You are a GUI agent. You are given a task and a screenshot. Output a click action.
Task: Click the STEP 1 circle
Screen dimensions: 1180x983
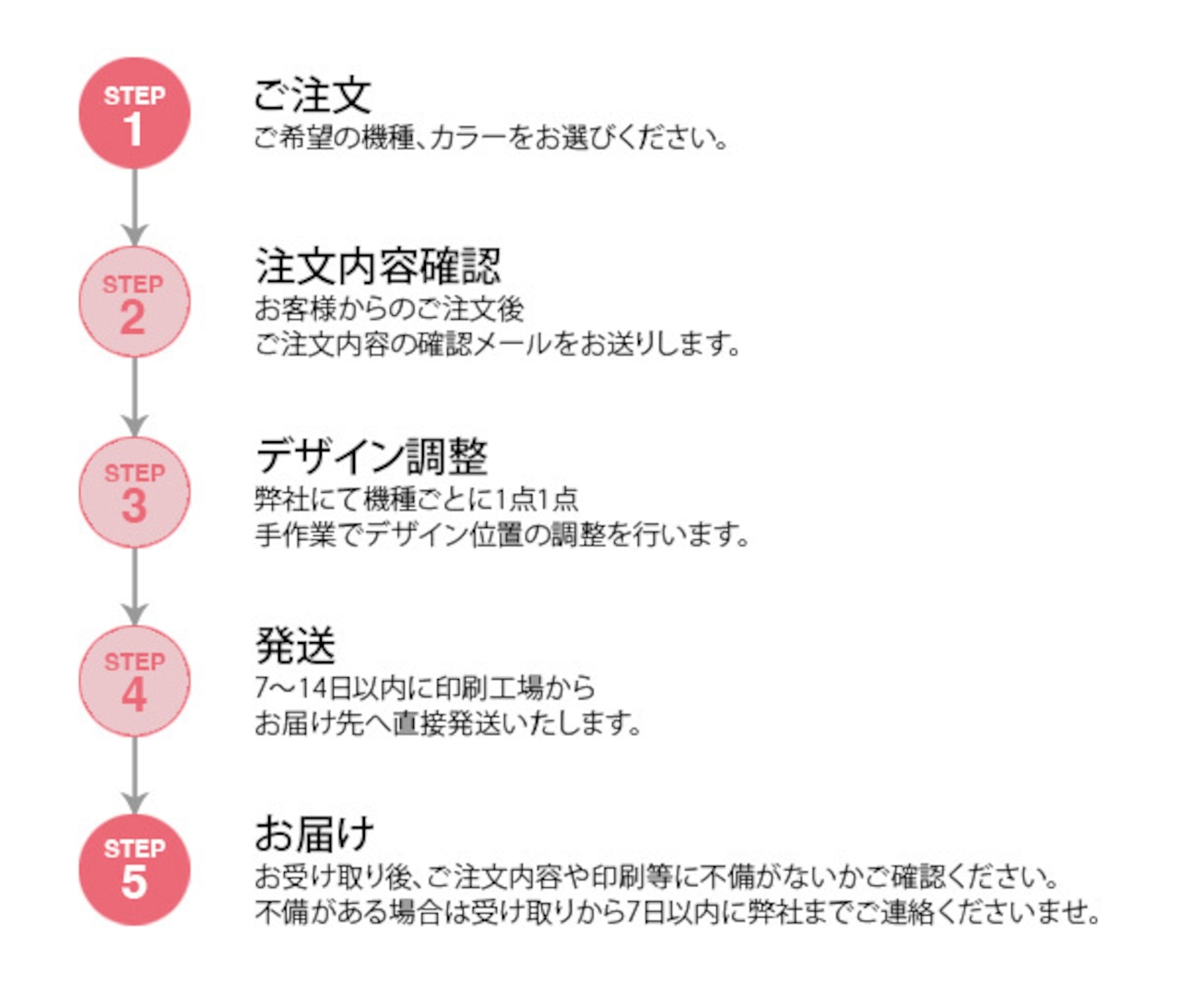[135, 113]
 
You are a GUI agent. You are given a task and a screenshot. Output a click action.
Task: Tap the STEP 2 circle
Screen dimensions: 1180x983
[135, 302]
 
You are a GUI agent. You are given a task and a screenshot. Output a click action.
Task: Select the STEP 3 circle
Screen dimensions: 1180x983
[135, 492]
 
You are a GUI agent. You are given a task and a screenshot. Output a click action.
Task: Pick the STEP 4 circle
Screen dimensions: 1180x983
[135, 681]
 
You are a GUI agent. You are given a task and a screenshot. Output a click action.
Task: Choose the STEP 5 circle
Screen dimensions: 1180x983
[135, 870]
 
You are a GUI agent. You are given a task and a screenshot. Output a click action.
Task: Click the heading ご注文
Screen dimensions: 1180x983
[313, 95]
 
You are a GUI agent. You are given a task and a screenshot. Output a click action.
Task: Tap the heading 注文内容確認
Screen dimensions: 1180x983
[378, 267]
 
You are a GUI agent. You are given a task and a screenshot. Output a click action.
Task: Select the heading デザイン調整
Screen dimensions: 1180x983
[372, 456]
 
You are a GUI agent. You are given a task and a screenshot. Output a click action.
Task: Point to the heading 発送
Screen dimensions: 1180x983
[295, 645]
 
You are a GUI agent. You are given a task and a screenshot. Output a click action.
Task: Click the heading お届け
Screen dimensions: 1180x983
[314, 835]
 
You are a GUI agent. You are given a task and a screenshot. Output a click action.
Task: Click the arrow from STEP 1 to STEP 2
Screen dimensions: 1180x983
[135, 207]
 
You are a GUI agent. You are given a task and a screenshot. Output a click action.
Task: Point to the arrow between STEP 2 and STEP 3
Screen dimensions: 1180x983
[135, 397]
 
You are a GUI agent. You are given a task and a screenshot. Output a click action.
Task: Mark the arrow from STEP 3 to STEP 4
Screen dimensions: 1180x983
[135, 587]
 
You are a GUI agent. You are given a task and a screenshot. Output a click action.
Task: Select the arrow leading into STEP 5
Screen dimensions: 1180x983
[135, 776]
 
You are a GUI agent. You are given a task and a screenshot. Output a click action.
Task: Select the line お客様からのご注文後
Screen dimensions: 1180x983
[389, 310]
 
